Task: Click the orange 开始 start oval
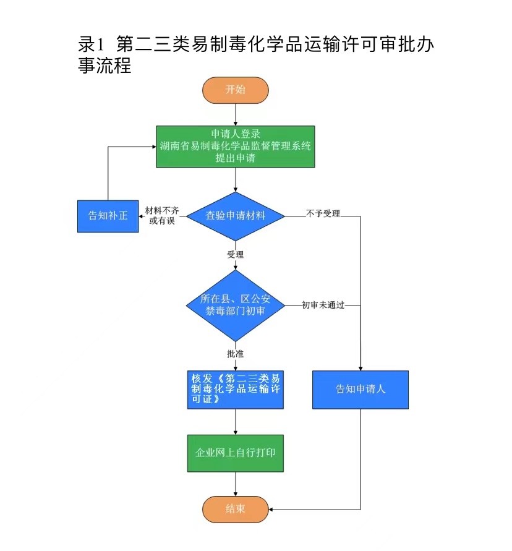(x=235, y=90)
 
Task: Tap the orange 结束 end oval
(x=235, y=509)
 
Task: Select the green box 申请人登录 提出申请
(x=235, y=147)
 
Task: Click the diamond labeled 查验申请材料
(x=235, y=216)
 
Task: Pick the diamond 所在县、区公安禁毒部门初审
(x=235, y=305)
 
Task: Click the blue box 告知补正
(x=108, y=216)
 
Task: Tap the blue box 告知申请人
(x=360, y=390)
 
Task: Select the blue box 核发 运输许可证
(x=235, y=390)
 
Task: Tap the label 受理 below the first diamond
(x=235, y=255)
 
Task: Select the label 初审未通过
(x=323, y=305)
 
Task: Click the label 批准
(x=235, y=354)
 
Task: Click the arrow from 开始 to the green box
(x=235, y=114)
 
